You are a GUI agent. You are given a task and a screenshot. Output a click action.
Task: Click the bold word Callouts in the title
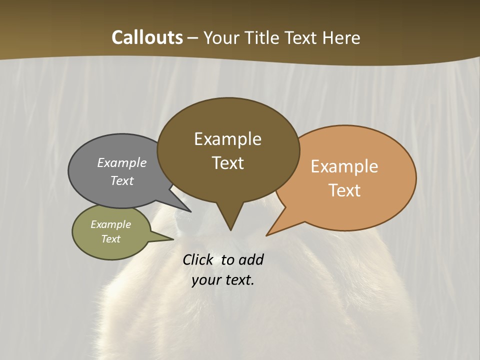point(147,37)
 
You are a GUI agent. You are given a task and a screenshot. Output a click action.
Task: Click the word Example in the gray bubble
point(122,162)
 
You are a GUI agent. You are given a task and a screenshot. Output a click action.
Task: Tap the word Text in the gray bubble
point(122,180)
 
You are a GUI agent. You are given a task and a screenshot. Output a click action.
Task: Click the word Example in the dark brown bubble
point(227,139)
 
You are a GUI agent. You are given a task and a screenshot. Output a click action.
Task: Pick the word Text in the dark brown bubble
point(227,163)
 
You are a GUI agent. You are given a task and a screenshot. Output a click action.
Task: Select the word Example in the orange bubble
point(344,166)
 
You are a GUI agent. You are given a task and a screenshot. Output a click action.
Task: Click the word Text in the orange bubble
point(344,190)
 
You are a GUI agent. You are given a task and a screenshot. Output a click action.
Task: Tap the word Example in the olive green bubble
point(110,224)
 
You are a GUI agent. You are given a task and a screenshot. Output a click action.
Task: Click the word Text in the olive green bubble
point(110,239)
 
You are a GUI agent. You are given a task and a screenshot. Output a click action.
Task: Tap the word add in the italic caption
point(251,260)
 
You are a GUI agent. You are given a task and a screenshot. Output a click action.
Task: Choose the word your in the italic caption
point(206,280)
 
